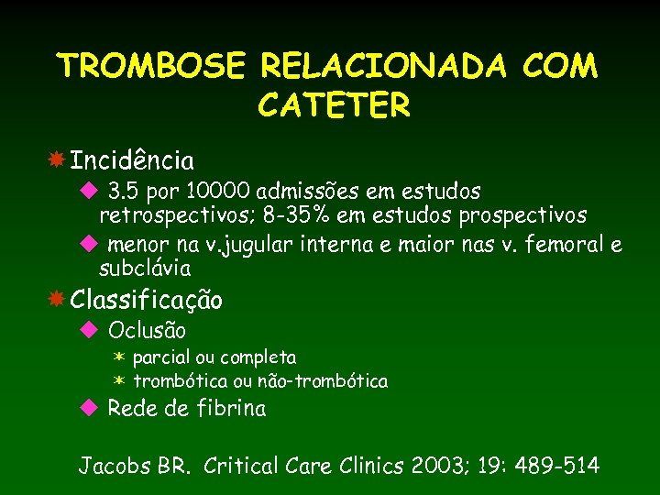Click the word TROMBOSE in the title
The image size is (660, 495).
(x=151, y=66)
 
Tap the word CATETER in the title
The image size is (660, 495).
(x=335, y=106)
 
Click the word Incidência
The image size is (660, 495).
(x=132, y=162)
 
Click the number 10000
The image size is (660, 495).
(x=219, y=192)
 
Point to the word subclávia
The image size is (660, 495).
(x=145, y=269)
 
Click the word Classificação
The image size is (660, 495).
(x=147, y=301)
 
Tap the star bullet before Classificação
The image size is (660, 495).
(x=56, y=299)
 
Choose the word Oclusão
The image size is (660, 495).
(x=147, y=330)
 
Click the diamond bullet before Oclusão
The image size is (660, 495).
(x=89, y=329)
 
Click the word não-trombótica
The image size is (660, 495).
(x=335, y=380)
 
